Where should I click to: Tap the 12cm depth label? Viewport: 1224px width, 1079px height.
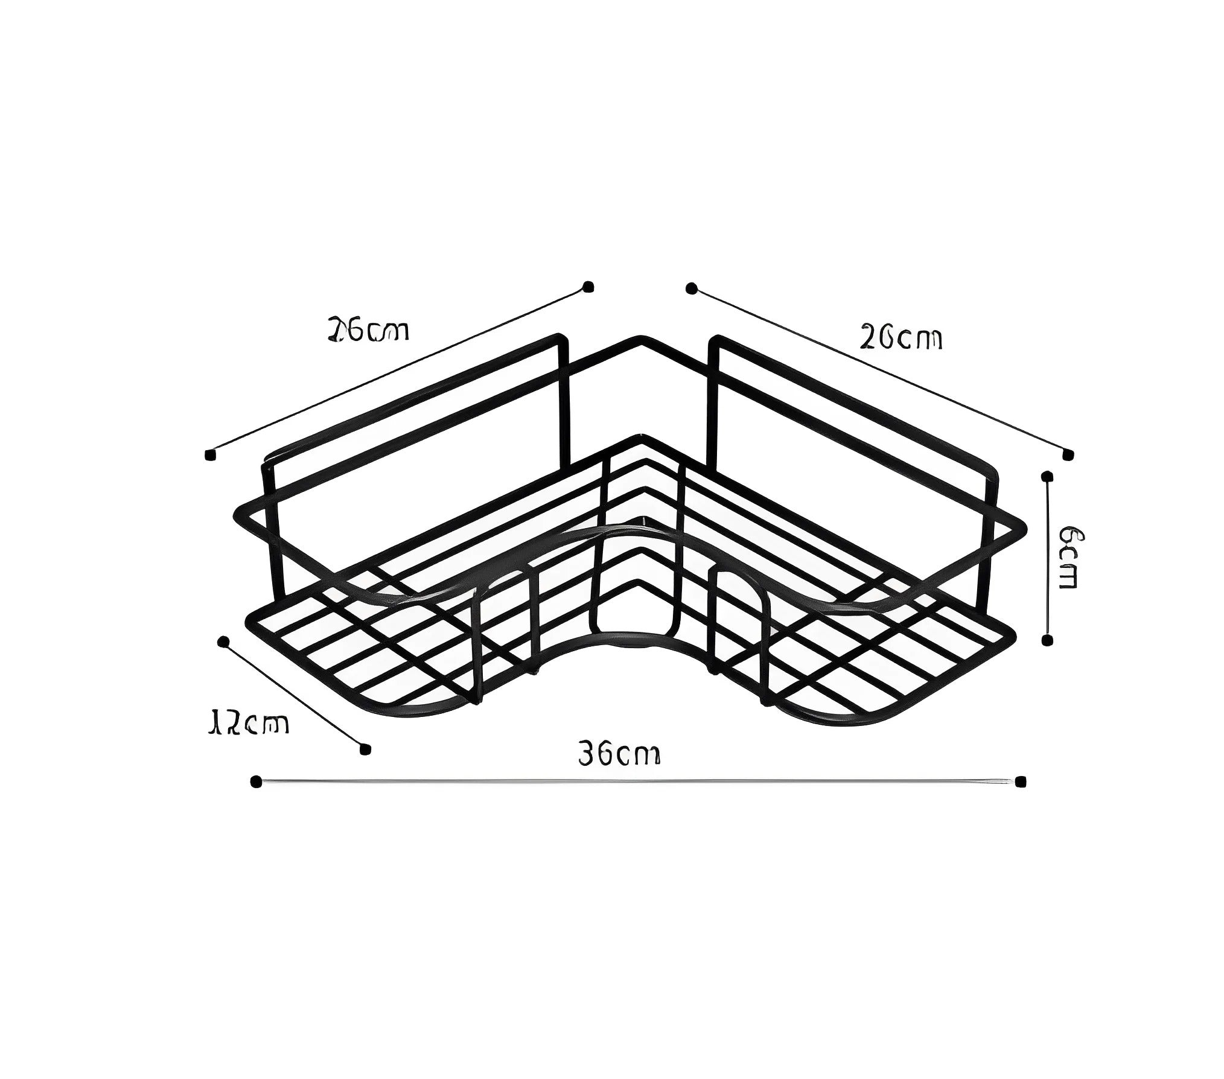(x=248, y=723)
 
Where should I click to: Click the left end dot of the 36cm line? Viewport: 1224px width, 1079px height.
(x=256, y=782)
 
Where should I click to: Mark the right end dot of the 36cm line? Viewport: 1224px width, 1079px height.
(x=1021, y=782)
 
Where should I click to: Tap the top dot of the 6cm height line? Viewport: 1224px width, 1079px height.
(x=1048, y=476)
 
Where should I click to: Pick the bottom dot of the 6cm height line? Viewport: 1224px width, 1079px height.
(x=1048, y=640)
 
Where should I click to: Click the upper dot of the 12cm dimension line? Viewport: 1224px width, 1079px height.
(x=223, y=641)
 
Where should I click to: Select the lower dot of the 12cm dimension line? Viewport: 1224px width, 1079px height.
(x=364, y=749)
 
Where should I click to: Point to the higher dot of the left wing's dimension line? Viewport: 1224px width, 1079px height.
(x=588, y=287)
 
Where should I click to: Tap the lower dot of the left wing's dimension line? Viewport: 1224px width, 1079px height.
(x=210, y=454)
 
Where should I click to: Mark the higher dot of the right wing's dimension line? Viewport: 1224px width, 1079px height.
(x=692, y=288)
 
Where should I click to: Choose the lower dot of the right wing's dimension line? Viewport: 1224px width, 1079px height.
(x=1068, y=454)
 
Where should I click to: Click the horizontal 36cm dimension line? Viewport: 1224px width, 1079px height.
(x=638, y=782)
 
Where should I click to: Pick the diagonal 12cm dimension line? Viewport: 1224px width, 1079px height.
(x=294, y=695)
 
